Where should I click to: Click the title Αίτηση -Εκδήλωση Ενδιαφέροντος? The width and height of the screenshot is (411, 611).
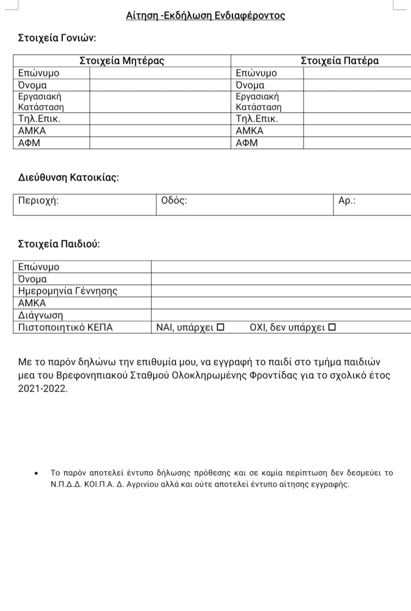(205, 16)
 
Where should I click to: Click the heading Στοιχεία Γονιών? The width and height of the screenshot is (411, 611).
(57, 39)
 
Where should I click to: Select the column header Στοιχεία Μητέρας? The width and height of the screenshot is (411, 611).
(122, 60)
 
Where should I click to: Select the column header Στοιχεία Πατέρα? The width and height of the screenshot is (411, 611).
(339, 60)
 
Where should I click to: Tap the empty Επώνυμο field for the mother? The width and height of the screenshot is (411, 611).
(160, 73)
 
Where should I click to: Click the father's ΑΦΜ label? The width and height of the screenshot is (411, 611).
(247, 143)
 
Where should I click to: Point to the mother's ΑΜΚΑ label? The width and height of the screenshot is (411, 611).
(32, 131)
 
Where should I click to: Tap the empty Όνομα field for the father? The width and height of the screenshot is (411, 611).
(357, 85)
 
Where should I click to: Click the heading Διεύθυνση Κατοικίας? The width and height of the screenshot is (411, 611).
(68, 177)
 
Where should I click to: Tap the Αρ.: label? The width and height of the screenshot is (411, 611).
(347, 201)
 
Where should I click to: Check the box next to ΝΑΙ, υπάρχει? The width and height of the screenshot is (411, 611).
(220, 327)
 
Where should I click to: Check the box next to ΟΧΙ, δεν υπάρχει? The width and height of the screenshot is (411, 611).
(332, 327)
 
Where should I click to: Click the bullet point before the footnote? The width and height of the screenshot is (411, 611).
(37, 473)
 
